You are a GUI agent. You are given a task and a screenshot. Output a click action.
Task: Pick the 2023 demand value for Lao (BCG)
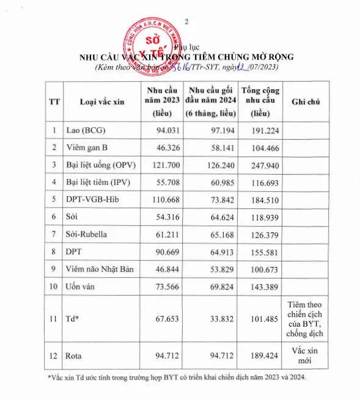161,130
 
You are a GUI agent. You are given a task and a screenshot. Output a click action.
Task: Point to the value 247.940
260,165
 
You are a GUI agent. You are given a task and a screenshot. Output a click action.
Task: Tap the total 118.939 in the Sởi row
260,217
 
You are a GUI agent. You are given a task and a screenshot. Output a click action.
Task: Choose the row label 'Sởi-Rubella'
89,234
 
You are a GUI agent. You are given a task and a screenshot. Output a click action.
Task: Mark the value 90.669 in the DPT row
161,251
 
